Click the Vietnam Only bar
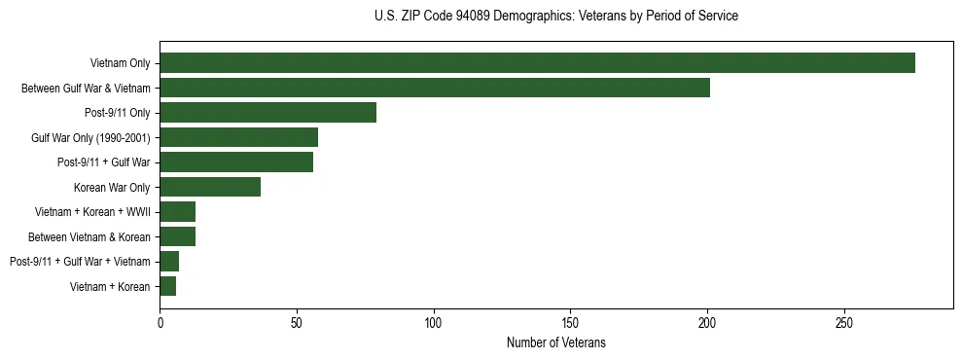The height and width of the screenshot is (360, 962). point(537,63)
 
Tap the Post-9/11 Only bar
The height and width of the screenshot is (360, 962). point(267,113)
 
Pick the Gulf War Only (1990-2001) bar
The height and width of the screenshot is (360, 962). point(238,137)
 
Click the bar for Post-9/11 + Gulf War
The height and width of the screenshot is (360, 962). point(236,162)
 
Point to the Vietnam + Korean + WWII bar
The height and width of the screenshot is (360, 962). point(177,212)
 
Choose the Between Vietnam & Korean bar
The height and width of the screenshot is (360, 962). point(177,236)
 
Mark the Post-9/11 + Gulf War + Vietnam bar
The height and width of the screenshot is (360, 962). point(169,262)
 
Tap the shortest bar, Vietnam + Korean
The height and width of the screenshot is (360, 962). point(167,286)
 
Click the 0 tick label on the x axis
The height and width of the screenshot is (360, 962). point(160,322)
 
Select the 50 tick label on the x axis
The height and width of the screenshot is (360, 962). point(297,322)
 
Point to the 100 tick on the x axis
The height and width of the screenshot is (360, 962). point(434,322)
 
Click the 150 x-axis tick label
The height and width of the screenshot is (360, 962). point(570,322)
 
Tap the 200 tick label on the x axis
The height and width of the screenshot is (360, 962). point(707,322)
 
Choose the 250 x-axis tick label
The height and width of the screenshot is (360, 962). point(844,322)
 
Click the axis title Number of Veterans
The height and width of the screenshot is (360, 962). point(556,342)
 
